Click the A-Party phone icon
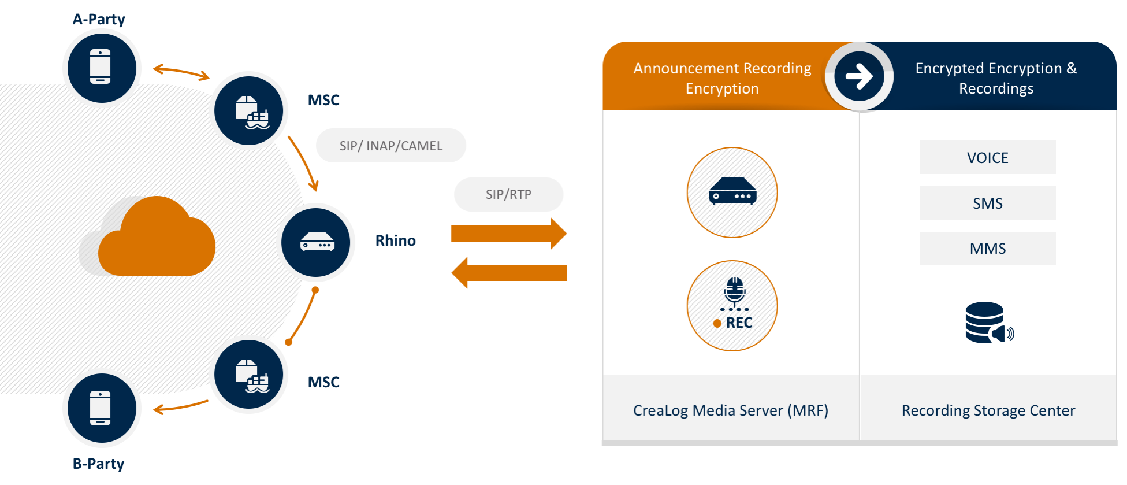[x=102, y=68]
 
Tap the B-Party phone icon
[x=102, y=408]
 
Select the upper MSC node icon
[x=249, y=111]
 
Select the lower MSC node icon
[x=249, y=375]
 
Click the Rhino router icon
[x=316, y=243]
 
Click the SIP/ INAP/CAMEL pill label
[x=391, y=146]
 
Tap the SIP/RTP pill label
[x=508, y=194]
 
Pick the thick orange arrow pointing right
[x=509, y=234]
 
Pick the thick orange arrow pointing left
[x=509, y=273]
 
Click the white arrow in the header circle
[x=860, y=76]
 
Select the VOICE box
[x=988, y=157]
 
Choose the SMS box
[x=988, y=203]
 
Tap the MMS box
[x=988, y=249]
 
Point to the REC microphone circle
[x=732, y=306]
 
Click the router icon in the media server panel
[x=732, y=191]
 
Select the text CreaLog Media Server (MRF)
[x=731, y=410]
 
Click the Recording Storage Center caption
[x=988, y=410]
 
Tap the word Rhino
[x=396, y=240]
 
